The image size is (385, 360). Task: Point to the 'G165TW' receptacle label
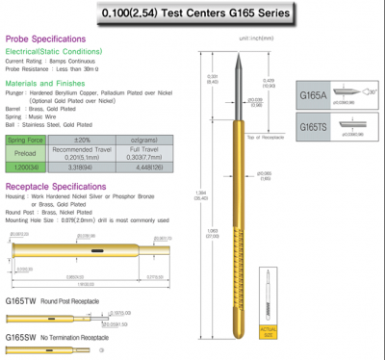pos(24,301)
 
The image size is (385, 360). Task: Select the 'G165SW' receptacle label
pos(24,338)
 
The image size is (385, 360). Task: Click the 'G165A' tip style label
pos(313,96)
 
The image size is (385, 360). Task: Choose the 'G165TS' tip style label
pos(314,126)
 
